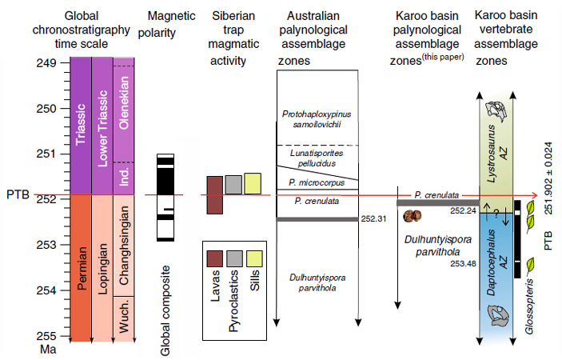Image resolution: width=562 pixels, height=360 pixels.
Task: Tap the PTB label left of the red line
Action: pyautogui.click(x=17, y=194)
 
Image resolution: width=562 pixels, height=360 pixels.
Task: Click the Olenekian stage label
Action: pyautogui.click(x=123, y=103)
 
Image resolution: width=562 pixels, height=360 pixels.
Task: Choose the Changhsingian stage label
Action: pyautogui.click(x=123, y=245)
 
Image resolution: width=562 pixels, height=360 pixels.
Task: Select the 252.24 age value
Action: pyautogui.click(x=463, y=210)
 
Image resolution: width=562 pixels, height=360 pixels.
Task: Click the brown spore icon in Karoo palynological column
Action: pyautogui.click(x=413, y=216)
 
